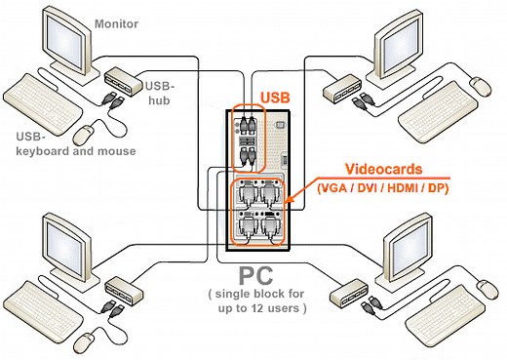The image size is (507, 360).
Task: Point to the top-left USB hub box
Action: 121,73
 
